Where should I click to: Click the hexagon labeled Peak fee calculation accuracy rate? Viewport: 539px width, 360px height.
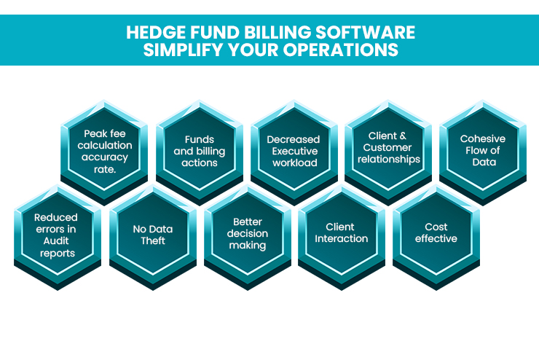pyautogui.click(x=104, y=152)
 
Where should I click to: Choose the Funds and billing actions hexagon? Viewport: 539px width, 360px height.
pyautogui.click(x=200, y=152)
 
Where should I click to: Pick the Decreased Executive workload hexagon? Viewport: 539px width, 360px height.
pyautogui.click(x=294, y=152)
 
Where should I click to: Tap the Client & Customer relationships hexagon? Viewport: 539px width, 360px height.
pyautogui.click(x=388, y=152)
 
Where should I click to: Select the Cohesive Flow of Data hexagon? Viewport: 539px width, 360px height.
pyautogui.click(x=483, y=152)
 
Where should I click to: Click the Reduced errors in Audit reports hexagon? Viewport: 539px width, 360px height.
pyautogui.click(x=58, y=237)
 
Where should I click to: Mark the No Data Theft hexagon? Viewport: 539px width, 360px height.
pyautogui.click(x=153, y=237)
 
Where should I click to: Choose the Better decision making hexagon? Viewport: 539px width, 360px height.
pyautogui.click(x=248, y=237)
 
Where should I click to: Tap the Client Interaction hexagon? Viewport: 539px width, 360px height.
pyautogui.click(x=342, y=237)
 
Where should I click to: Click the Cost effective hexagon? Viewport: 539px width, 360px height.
pyautogui.click(x=436, y=237)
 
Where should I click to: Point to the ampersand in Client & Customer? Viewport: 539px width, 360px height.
pyautogui.click(x=403, y=136)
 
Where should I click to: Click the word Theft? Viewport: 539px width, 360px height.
pyautogui.click(x=153, y=240)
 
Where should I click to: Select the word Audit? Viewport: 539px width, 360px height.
pyautogui.click(x=56, y=240)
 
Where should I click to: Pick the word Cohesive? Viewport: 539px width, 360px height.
pyautogui.click(x=483, y=138)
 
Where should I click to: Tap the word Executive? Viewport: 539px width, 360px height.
pyautogui.click(x=295, y=151)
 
